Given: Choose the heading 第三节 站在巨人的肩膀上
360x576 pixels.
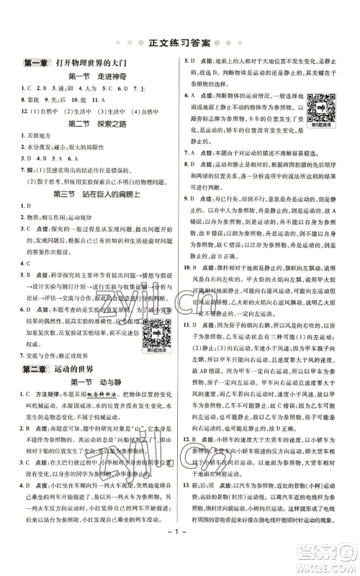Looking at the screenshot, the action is pyautogui.click(x=96, y=194).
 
